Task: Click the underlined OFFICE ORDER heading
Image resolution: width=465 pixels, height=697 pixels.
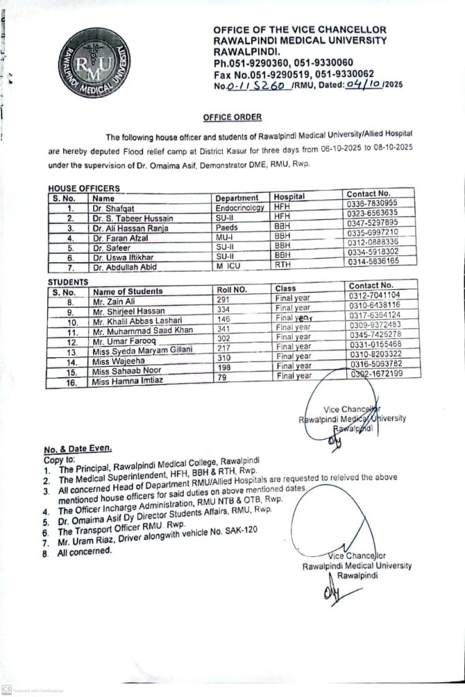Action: pos(231,117)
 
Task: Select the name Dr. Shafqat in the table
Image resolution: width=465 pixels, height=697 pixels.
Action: pos(112,208)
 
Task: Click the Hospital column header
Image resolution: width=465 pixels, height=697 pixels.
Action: pos(289,197)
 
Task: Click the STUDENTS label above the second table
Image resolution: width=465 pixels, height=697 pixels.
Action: pos(67,281)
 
